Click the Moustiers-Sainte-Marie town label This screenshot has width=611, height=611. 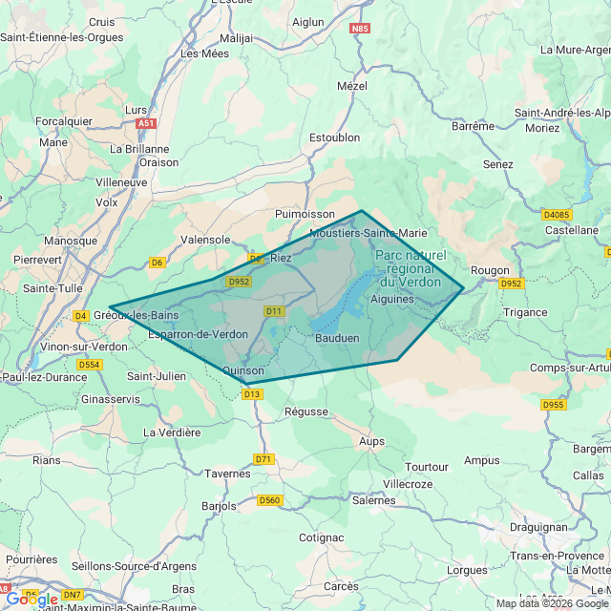[369, 233]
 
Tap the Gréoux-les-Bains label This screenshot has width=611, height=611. [137, 315]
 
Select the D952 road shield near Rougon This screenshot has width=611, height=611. [512, 284]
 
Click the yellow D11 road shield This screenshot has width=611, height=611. [274, 311]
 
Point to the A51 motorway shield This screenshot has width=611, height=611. [146, 123]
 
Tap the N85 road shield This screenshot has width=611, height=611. [360, 30]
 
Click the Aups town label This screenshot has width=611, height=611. [371, 441]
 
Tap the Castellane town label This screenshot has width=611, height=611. [571, 230]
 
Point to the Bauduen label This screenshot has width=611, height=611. [337, 338]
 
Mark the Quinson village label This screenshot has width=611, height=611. [242, 370]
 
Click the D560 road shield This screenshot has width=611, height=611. [270, 500]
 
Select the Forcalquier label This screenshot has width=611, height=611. [64, 121]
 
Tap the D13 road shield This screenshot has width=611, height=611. [252, 394]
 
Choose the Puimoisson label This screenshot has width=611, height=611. [305, 215]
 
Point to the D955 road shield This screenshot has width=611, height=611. [554, 405]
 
